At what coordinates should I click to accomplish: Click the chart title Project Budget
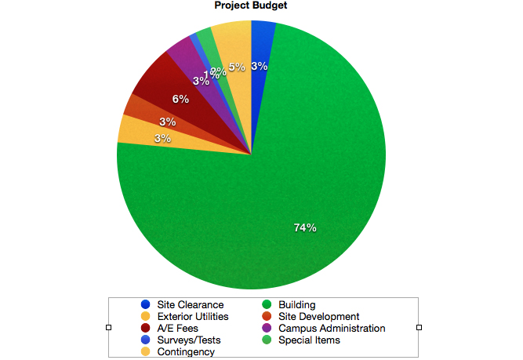click(x=251, y=6)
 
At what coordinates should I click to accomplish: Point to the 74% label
click(x=305, y=228)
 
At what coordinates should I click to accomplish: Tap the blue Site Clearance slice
click(x=262, y=47)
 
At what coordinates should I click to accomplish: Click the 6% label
click(x=180, y=100)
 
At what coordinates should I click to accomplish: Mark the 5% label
click(x=238, y=67)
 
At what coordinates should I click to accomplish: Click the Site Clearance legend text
click(x=190, y=305)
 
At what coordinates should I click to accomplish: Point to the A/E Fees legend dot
click(x=145, y=329)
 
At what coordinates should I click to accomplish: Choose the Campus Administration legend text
click(x=332, y=329)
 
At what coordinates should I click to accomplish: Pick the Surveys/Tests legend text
click(x=188, y=340)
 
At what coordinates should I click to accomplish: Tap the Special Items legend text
click(x=309, y=340)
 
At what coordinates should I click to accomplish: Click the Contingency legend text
click(x=185, y=352)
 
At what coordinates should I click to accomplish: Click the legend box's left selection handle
click(x=109, y=327)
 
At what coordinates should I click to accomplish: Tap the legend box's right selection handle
click(x=419, y=327)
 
